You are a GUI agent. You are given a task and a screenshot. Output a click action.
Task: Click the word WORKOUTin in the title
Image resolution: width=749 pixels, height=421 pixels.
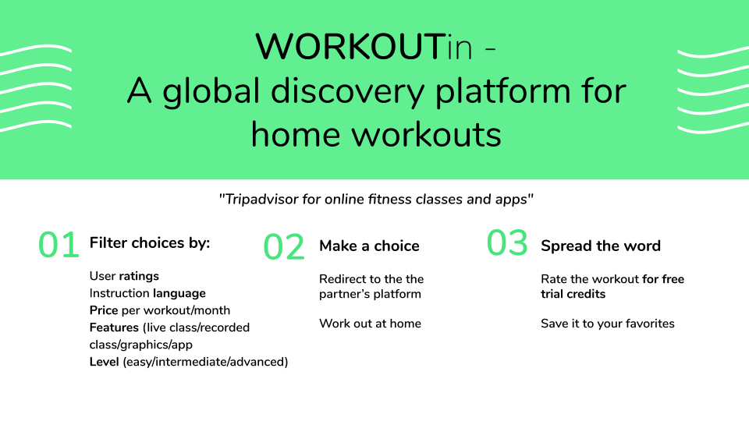coord(364,47)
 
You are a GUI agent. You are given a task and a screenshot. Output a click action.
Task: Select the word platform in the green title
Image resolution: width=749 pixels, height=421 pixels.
coord(503,92)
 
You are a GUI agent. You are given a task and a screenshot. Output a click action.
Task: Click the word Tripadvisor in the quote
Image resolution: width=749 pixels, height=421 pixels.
coord(261,199)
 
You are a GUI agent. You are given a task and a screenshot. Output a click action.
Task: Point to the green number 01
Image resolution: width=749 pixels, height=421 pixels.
coord(59,245)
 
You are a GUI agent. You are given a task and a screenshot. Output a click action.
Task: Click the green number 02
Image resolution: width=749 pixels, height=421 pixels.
coord(284,247)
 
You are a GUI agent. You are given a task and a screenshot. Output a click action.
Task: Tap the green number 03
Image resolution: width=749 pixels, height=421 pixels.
coord(507,242)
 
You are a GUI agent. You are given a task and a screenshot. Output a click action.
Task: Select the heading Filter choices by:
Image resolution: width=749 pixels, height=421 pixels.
coord(150,243)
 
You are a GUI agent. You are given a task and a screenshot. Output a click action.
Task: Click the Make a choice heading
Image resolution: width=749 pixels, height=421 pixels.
coord(369,246)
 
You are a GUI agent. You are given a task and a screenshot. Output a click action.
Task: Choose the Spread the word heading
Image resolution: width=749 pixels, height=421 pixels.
coord(601,246)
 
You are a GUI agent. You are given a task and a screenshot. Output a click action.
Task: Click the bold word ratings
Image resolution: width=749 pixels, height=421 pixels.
coord(139,276)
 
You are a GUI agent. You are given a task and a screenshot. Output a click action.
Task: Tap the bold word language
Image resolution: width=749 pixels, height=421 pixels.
coord(179,294)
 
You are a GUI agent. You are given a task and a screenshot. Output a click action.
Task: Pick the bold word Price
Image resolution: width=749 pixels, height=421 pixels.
coord(104,310)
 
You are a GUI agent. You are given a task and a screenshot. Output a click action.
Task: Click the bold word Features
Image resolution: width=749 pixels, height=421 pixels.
coord(114,327)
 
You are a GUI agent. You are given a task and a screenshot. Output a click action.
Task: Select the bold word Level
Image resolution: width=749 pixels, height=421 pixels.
coord(104,362)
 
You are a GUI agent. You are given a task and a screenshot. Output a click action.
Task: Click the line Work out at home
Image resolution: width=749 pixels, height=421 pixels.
coord(370,324)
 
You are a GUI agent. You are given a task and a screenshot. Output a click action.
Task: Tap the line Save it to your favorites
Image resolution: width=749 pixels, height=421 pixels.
coord(608,324)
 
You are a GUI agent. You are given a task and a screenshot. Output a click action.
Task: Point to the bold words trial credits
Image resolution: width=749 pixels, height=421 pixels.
coord(573,294)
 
